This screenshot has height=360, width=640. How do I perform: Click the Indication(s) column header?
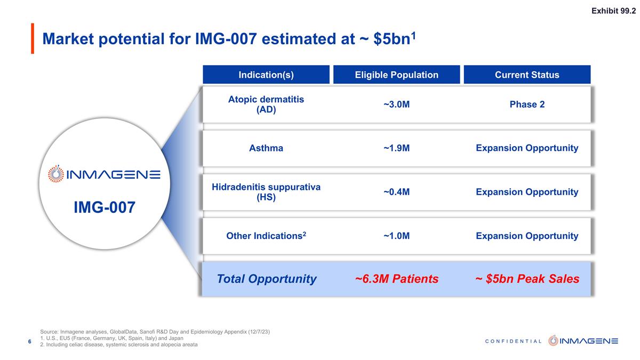coord(266,75)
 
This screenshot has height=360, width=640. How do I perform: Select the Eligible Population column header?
coord(396,75)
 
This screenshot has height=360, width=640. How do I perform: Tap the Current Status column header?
coord(527,75)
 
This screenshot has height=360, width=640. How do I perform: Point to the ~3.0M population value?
coord(396,105)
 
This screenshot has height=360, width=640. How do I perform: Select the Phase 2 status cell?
coord(527,105)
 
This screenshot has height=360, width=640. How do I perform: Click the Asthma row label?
coord(266,148)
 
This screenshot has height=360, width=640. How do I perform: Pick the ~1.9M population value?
coord(396,148)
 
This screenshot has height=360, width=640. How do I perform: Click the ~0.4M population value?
coord(396,192)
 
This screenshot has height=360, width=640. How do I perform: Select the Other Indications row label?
coord(266,236)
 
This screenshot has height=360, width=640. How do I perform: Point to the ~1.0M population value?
coord(396,236)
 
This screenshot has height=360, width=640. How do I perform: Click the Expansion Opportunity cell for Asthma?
coord(527,148)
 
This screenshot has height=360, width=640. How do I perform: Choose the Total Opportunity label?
coord(266,279)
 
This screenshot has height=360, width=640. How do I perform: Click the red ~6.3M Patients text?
coord(396,279)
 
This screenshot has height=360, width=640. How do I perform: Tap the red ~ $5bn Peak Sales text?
coord(527,279)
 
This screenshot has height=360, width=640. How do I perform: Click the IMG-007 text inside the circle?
coord(105,207)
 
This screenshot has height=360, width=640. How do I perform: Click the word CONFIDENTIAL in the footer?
coord(515,341)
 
